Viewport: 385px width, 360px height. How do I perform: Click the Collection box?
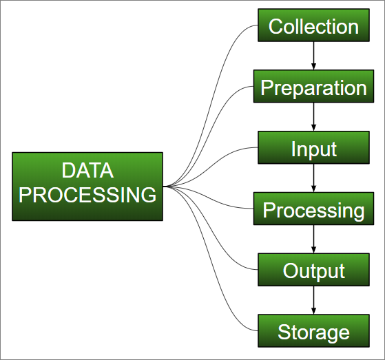(313, 25)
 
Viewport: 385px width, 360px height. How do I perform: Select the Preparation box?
(313, 86)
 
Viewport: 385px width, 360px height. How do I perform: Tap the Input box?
(313, 147)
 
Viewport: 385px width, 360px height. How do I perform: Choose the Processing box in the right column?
(313, 209)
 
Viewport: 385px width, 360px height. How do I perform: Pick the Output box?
(313, 270)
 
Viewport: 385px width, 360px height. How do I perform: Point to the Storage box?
(313, 331)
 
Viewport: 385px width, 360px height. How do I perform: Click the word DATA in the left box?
(87, 170)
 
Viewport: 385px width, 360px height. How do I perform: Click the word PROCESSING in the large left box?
(87, 195)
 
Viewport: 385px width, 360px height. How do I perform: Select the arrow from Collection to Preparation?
(313, 56)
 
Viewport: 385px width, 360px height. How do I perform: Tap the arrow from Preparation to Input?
(313, 117)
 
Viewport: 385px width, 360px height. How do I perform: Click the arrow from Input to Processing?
(313, 178)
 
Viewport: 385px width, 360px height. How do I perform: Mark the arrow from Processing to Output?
(313, 239)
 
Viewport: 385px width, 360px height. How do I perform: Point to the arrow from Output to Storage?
(313, 300)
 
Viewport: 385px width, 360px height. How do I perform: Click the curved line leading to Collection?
(211, 105)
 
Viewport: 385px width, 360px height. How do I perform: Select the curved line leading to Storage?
(211, 268)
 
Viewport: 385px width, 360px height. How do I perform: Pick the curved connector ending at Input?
(211, 167)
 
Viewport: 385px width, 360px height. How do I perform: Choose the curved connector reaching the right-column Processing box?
(209, 198)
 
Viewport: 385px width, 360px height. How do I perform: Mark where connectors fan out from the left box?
(163, 187)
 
